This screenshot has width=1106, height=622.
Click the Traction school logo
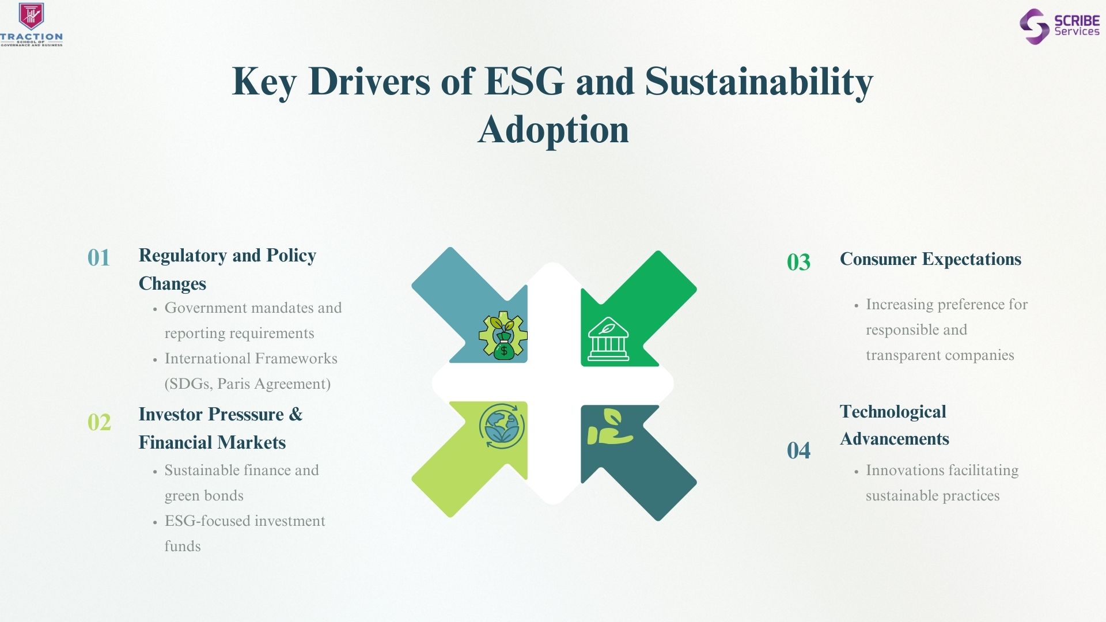tap(32, 24)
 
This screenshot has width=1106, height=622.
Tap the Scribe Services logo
tap(1059, 26)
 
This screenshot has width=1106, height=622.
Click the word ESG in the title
tap(525, 81)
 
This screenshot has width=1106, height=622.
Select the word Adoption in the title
tap(553, 130)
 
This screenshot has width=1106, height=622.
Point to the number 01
tap(99, 258)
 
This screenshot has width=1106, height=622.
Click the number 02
tap(99, 423)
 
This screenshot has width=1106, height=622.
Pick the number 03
tap(798, 263)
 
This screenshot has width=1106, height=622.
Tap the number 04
tap(798, 450)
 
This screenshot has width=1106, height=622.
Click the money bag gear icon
tap(503, 336)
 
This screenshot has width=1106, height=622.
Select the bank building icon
tap(608, 339)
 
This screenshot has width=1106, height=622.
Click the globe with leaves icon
tap(502, 426)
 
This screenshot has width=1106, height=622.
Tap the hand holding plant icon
tap(609, 427)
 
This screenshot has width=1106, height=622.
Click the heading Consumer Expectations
tap(930, 259)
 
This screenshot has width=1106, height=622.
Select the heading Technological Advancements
tap(895, 425)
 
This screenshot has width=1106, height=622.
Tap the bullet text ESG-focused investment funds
tap(245, 533)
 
